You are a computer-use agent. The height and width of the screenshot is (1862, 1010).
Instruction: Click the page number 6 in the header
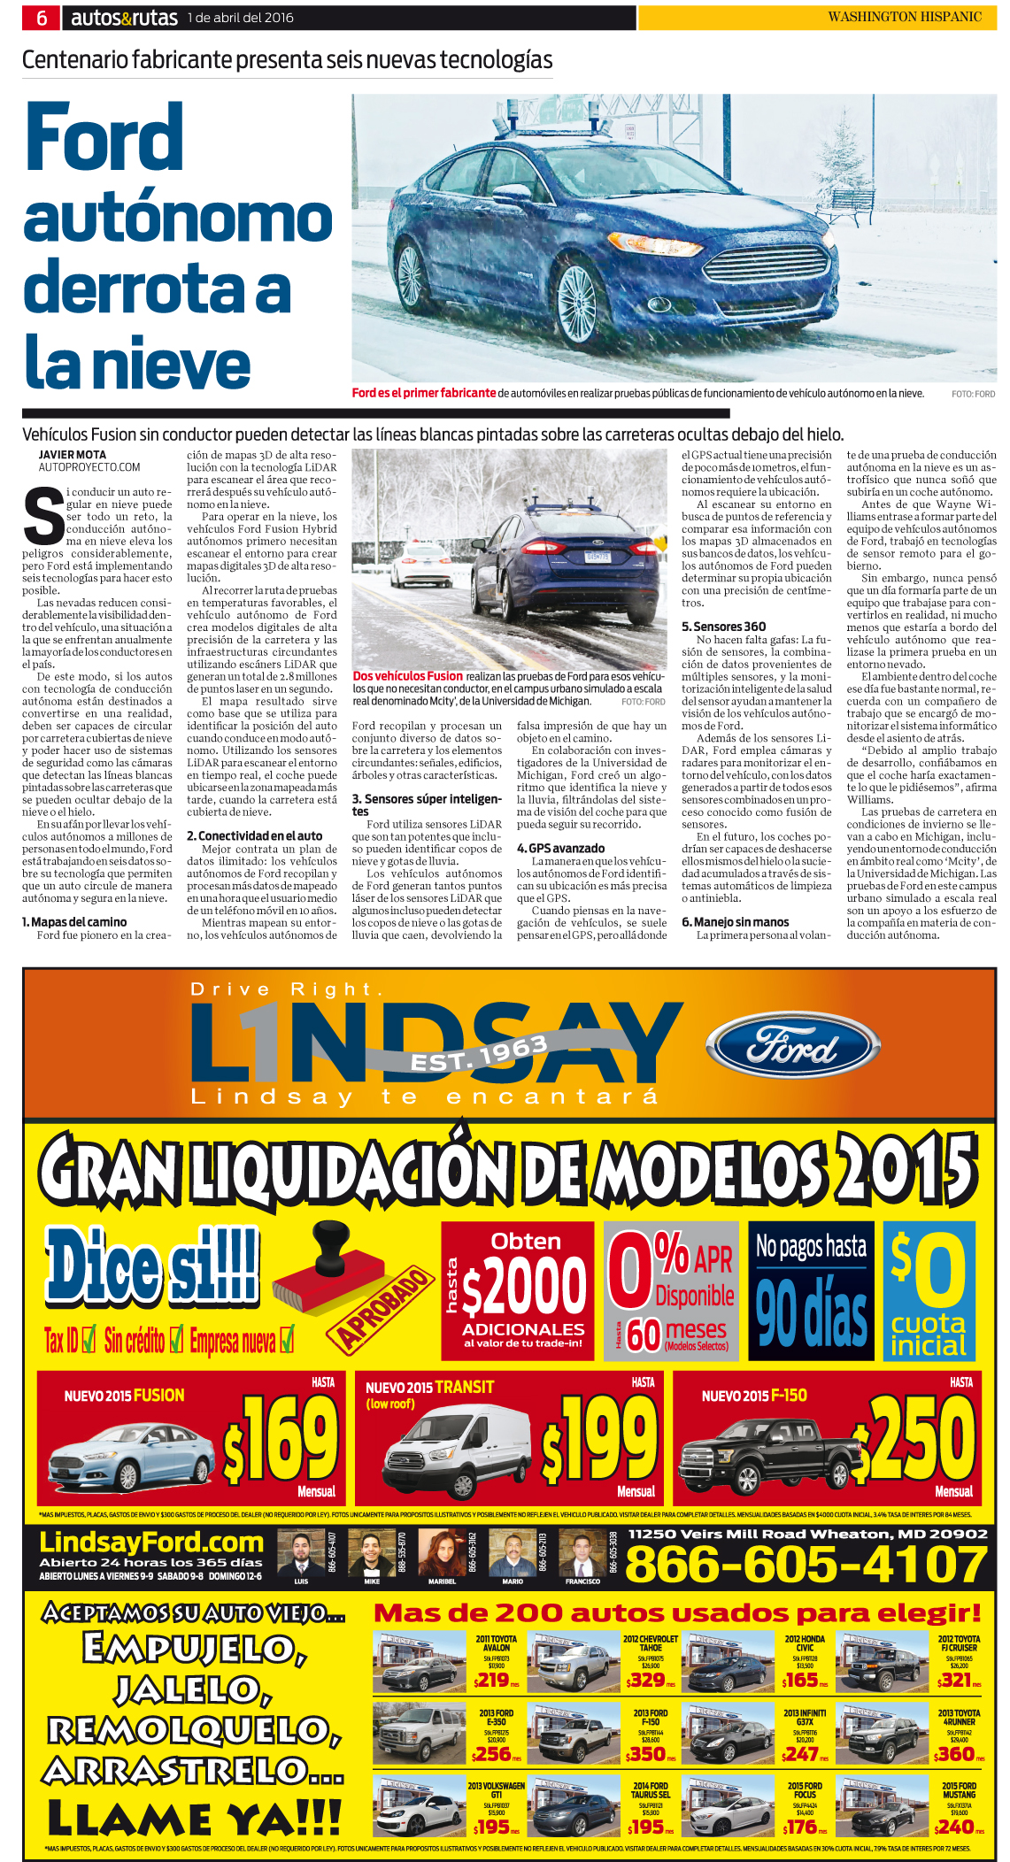(x=42, y=18)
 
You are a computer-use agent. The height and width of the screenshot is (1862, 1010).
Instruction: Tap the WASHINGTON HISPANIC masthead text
(x=904, y=17)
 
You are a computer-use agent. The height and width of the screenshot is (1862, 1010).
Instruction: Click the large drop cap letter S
(x=43, y=518)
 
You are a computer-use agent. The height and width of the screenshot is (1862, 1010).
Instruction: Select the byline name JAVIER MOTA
(x=72, y=455)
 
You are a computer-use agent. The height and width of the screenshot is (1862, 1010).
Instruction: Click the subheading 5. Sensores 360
(x=723, y=627)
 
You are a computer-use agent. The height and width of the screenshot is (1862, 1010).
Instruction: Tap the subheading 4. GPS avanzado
(x=560, y=848)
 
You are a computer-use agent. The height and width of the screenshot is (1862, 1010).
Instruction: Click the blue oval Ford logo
(x=793, y=1049)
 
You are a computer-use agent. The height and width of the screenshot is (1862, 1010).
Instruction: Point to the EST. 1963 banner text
(x=479, y=1054)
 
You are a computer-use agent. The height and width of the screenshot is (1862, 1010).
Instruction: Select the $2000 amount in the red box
(x=524, y=1289)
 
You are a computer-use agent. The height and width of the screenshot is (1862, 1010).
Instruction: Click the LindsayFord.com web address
(x=151, y=1543)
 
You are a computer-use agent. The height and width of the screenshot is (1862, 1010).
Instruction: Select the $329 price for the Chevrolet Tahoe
(x=647, y=1680)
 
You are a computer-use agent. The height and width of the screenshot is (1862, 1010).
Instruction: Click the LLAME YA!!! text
(x=194, y=1819)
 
